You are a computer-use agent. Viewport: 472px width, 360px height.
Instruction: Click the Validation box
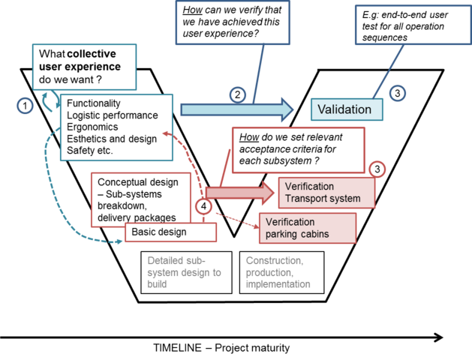click(x=345, y=109)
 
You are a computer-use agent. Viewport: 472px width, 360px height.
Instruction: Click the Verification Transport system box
click(x=326, y=193)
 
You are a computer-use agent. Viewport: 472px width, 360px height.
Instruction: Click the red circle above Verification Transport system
click(x=377, y=169)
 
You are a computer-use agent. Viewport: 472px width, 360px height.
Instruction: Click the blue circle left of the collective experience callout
click(x=25, y=105)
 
